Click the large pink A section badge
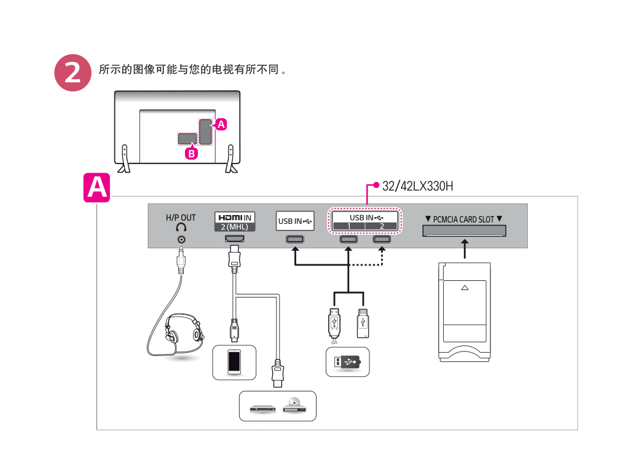click(96, 187)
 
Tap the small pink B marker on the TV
click(192, 154)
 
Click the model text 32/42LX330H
click(418, 186)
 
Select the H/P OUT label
click(181, 218)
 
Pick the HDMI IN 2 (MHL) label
click(234, 221)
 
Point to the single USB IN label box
click(295, 221)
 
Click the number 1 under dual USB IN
click(348, 226)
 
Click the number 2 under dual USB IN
click(382, 226)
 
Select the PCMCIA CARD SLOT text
click(464, 219)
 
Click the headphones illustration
click(183, 329)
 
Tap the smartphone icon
click(234, 361)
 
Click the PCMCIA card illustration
click(465, 307)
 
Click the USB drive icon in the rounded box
click(348, 362)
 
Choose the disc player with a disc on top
click(293, 406)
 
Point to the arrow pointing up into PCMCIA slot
click(465, 248)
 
